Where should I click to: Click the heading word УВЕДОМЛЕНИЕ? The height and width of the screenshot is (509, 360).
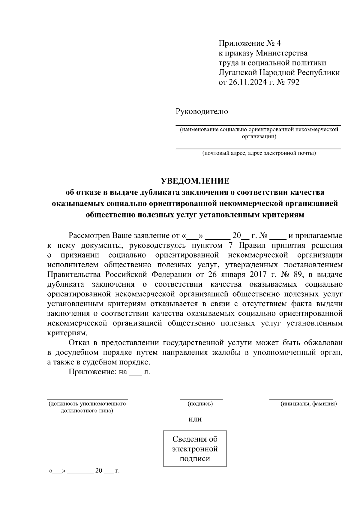(195, 181)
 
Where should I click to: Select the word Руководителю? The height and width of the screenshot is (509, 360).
(202, 112)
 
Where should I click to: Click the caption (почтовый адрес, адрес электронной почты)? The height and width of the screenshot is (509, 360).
(259, 153)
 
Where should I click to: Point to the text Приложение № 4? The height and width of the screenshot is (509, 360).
(250, 43)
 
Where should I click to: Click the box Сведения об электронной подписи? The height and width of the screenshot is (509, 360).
(195, 449)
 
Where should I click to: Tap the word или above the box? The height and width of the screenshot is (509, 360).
(195, 419)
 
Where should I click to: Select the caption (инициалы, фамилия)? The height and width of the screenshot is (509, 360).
(309, 404)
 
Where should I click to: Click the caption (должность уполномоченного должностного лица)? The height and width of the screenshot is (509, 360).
(87, 407)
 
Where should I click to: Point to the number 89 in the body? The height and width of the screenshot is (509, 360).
(297, 274)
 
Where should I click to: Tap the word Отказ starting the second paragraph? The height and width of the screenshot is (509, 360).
(79, 343)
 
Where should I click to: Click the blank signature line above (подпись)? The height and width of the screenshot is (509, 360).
(201, 398)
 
